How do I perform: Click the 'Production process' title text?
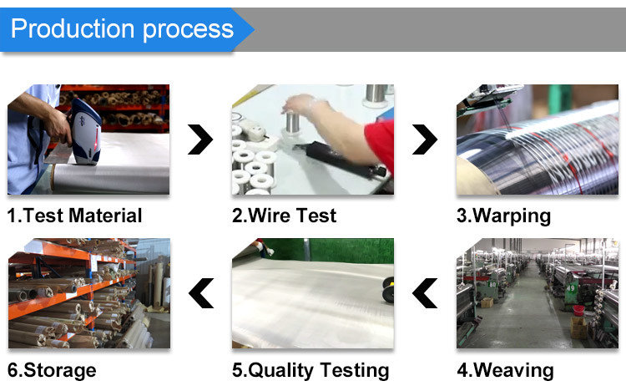(x=122, y=29)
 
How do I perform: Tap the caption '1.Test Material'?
(x=74, y=216)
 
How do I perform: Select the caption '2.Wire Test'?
(x=285, y=216)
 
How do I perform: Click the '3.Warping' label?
(x=504, y=216)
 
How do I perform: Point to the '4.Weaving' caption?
(x=506, y=370)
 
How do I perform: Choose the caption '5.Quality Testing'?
(x=310, y=370)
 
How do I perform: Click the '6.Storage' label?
(x=52, y=370)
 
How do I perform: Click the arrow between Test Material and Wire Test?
(x=200, y=140)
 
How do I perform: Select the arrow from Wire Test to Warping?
(x=425, y=140)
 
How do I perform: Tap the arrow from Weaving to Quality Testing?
(x=425, y=293)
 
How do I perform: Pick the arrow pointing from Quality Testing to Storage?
(x=201, y=293)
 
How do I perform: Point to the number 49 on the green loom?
(x=571, y=288)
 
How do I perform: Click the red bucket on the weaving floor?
(x=578, y=310)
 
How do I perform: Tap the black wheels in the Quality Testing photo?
(x=388, y=290)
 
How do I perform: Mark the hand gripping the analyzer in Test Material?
(x=58, y=127)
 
